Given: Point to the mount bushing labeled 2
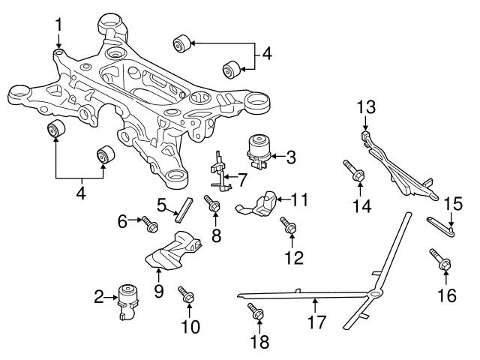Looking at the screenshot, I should click(128, 298).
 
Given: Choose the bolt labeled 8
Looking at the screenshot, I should click(213, 204).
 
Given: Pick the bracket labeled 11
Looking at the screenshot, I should click(262, 205).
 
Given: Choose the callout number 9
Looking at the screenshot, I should click(158, 290).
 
